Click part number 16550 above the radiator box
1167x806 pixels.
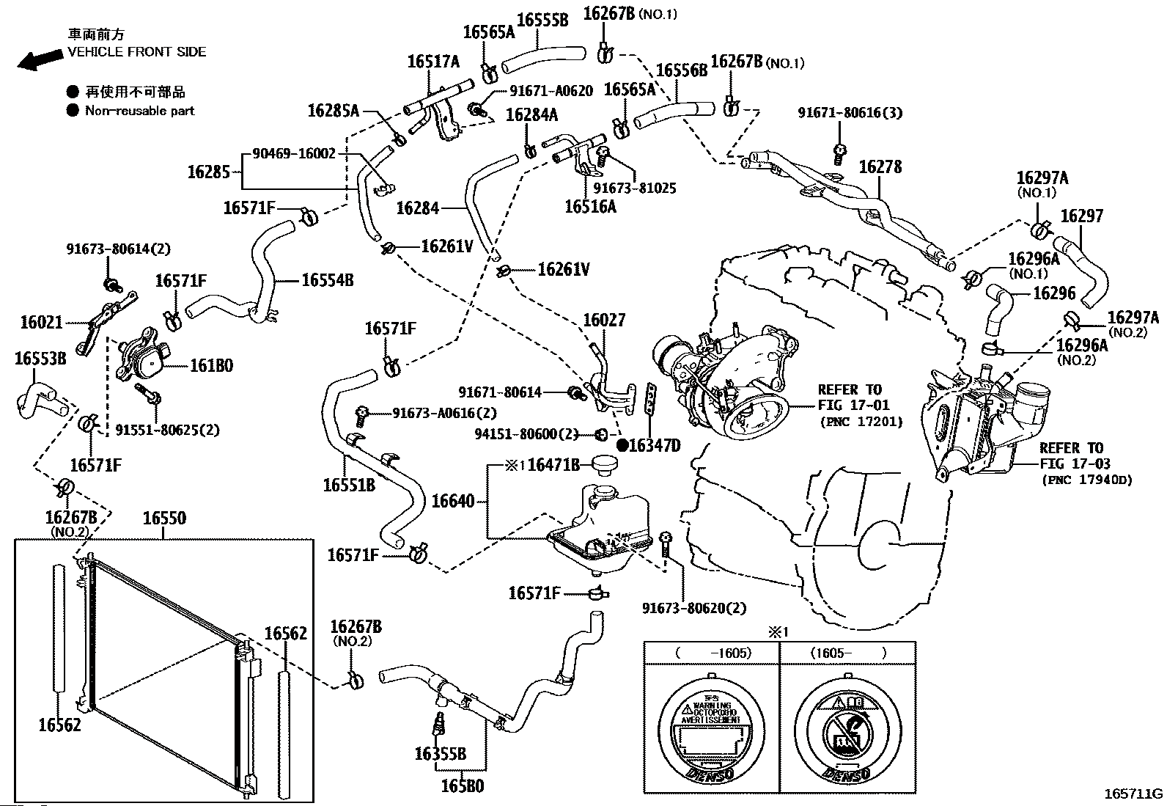click(x=164, y=518)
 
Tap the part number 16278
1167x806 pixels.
click(x=880, y=167)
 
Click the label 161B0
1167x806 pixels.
click(x=212, y=364)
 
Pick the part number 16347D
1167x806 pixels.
click(x=655, y=445)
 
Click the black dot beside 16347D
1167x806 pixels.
click(x=621, y=444)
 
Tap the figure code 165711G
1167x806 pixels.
click(x=1134, y=794)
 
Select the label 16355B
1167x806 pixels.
click(x=440, y=753)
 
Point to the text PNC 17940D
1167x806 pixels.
click(x=1086, y=480)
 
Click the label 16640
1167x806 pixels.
click(x=453, y=502)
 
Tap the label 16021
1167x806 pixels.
click(x=42, y=322)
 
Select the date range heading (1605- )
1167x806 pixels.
click(x=847, y=652)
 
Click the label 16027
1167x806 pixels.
click(x=604, y=320)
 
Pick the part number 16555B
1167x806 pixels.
click(x=542, y=20)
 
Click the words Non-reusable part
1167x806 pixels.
click(x=140, y=111)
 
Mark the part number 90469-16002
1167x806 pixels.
click(x=293, y=154)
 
